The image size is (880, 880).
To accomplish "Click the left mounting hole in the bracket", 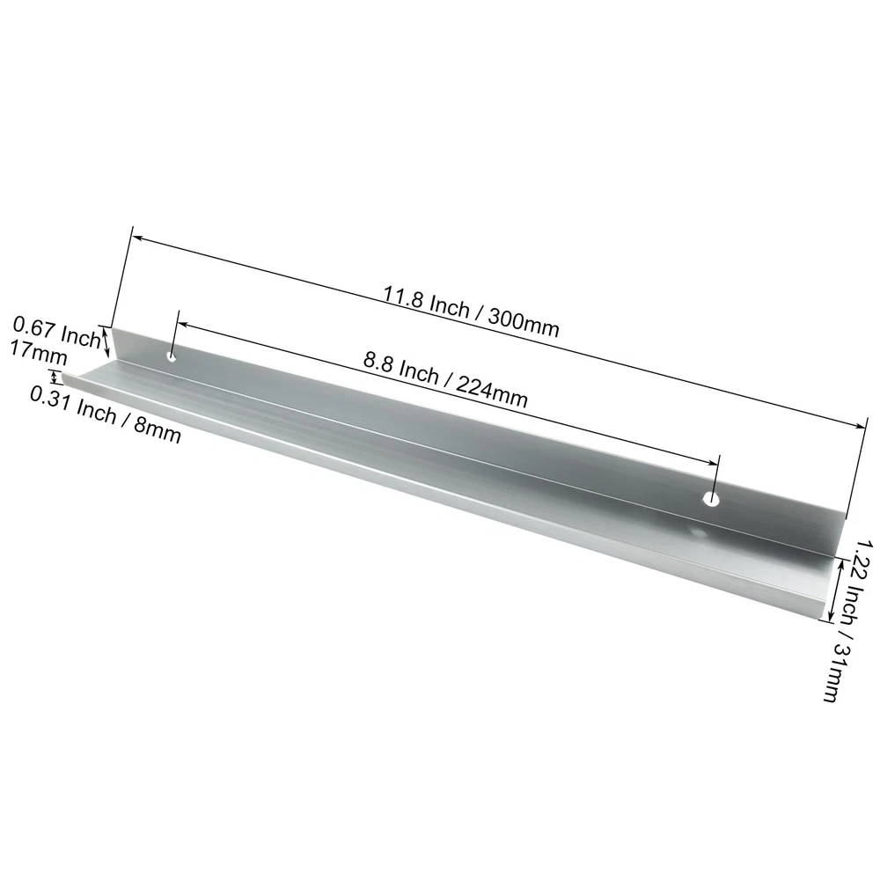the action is click(x=172, y=356).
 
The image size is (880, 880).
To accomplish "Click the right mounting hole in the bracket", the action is click(x=712, y=498).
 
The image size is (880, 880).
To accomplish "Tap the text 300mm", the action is click(x=524, y=323).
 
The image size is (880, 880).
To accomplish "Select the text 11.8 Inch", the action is click(x=426, y=302).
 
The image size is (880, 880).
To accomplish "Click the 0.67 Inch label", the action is click(x=56, y=332).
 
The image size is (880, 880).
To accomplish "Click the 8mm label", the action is click(x=158, y=429).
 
